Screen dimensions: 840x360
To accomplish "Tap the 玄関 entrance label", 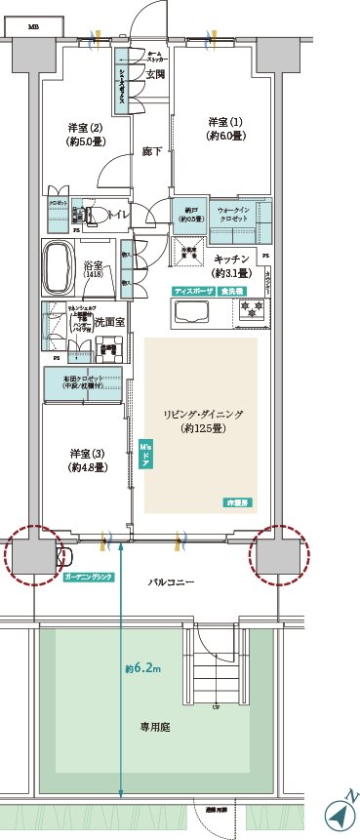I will pos(155,73).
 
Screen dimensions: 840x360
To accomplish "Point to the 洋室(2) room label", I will pos(85,133).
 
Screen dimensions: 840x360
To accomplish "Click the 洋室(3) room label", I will pos(87,460).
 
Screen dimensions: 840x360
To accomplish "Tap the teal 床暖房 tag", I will pos(237,501).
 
